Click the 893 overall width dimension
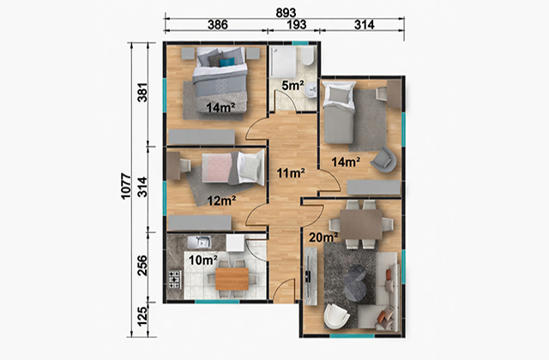tap(286, 13)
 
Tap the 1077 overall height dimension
tap(126, 186)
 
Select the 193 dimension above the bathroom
tap(297, 25)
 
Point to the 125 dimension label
tap(142, 316)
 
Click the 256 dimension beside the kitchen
tap(142, 266)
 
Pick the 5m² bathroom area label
tap(293, 86)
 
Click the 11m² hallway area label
tap(291, 173)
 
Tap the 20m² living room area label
tap(323, 237)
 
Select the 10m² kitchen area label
tap(203, 261)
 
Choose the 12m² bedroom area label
tap(221, 201)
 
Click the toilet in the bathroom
tap(307, 57)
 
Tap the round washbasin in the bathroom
tap(311, 93)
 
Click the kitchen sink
tap(199, 242)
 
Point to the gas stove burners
tap(175, 279)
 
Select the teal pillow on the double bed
tap(226, 63)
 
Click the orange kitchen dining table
tap(232, 279)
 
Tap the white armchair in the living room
tap(336, 317)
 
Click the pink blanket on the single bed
tap(217, 168)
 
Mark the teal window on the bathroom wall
tap(300, 44)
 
